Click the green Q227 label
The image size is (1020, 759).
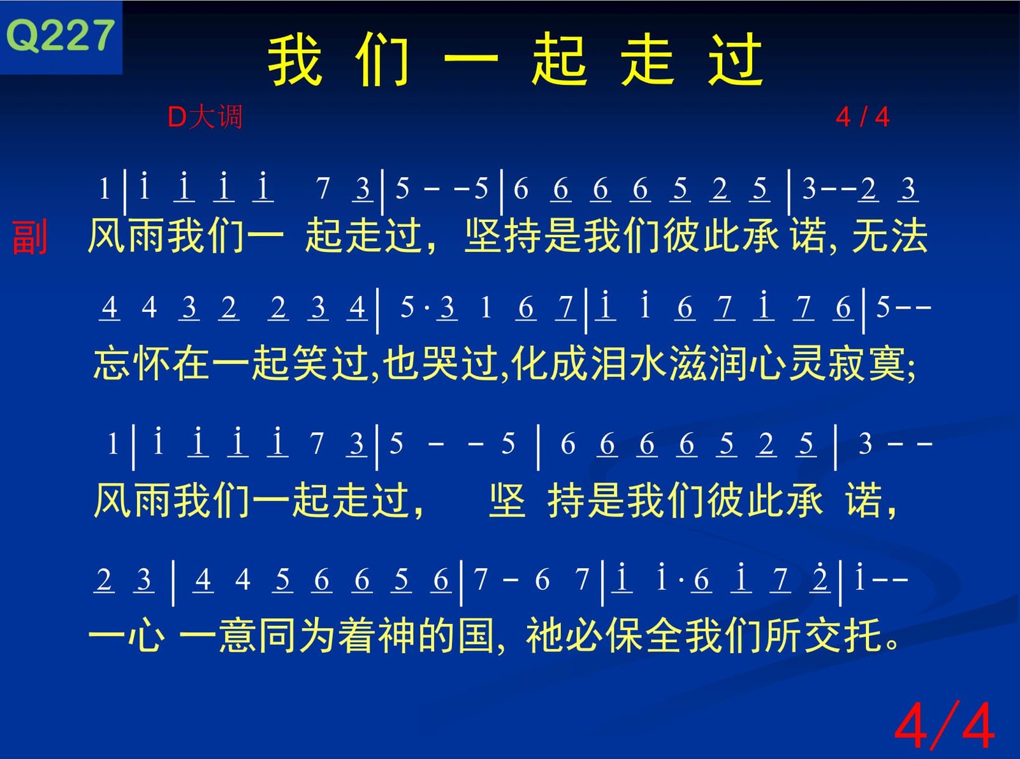coord(60,36)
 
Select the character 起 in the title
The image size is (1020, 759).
coord(560,60)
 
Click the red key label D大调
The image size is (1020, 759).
coord(205,117)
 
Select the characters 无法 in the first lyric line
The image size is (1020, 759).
coord(890,235)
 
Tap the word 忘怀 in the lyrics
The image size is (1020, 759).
coord(131,364)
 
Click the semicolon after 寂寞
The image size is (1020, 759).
coord(911,368)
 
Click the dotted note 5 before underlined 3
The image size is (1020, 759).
coord(407,307)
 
